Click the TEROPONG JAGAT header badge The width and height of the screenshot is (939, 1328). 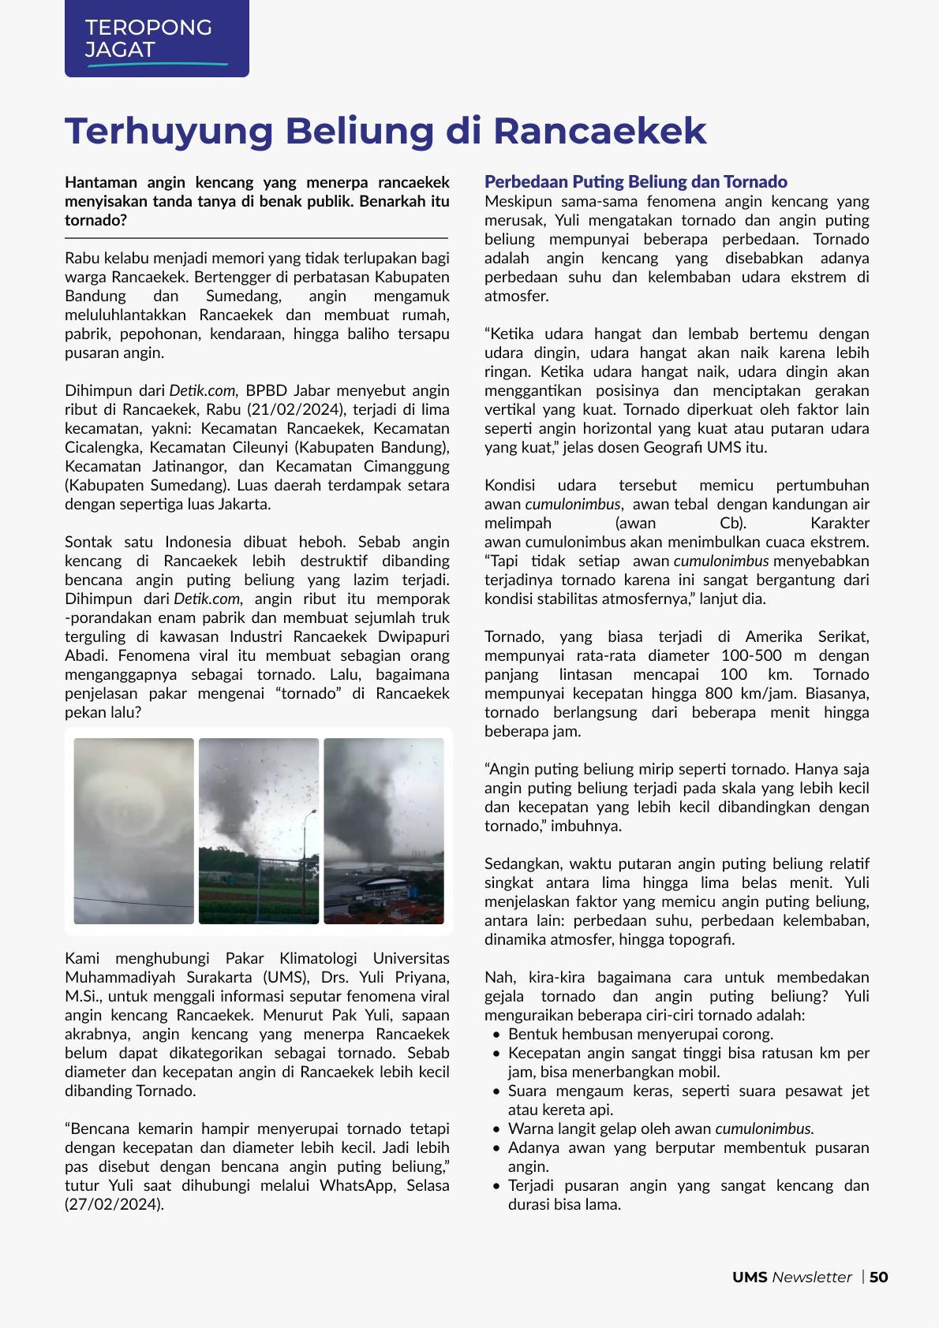click(156, 39)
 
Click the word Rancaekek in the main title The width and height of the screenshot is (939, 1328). click(599, 131)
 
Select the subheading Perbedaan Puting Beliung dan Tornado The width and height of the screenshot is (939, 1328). click(635, 182)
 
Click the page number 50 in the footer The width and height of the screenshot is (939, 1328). click(879, 1277)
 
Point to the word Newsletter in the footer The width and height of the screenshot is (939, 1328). click(812, 1277)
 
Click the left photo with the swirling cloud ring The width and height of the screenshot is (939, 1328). click(133, 830)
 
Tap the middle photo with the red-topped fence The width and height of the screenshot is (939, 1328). click(259, 830)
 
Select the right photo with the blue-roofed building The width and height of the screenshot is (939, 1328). click(383, 830)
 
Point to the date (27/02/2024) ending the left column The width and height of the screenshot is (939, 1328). click(114, 1204)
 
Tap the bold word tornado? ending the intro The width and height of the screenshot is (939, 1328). click(95, 220)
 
